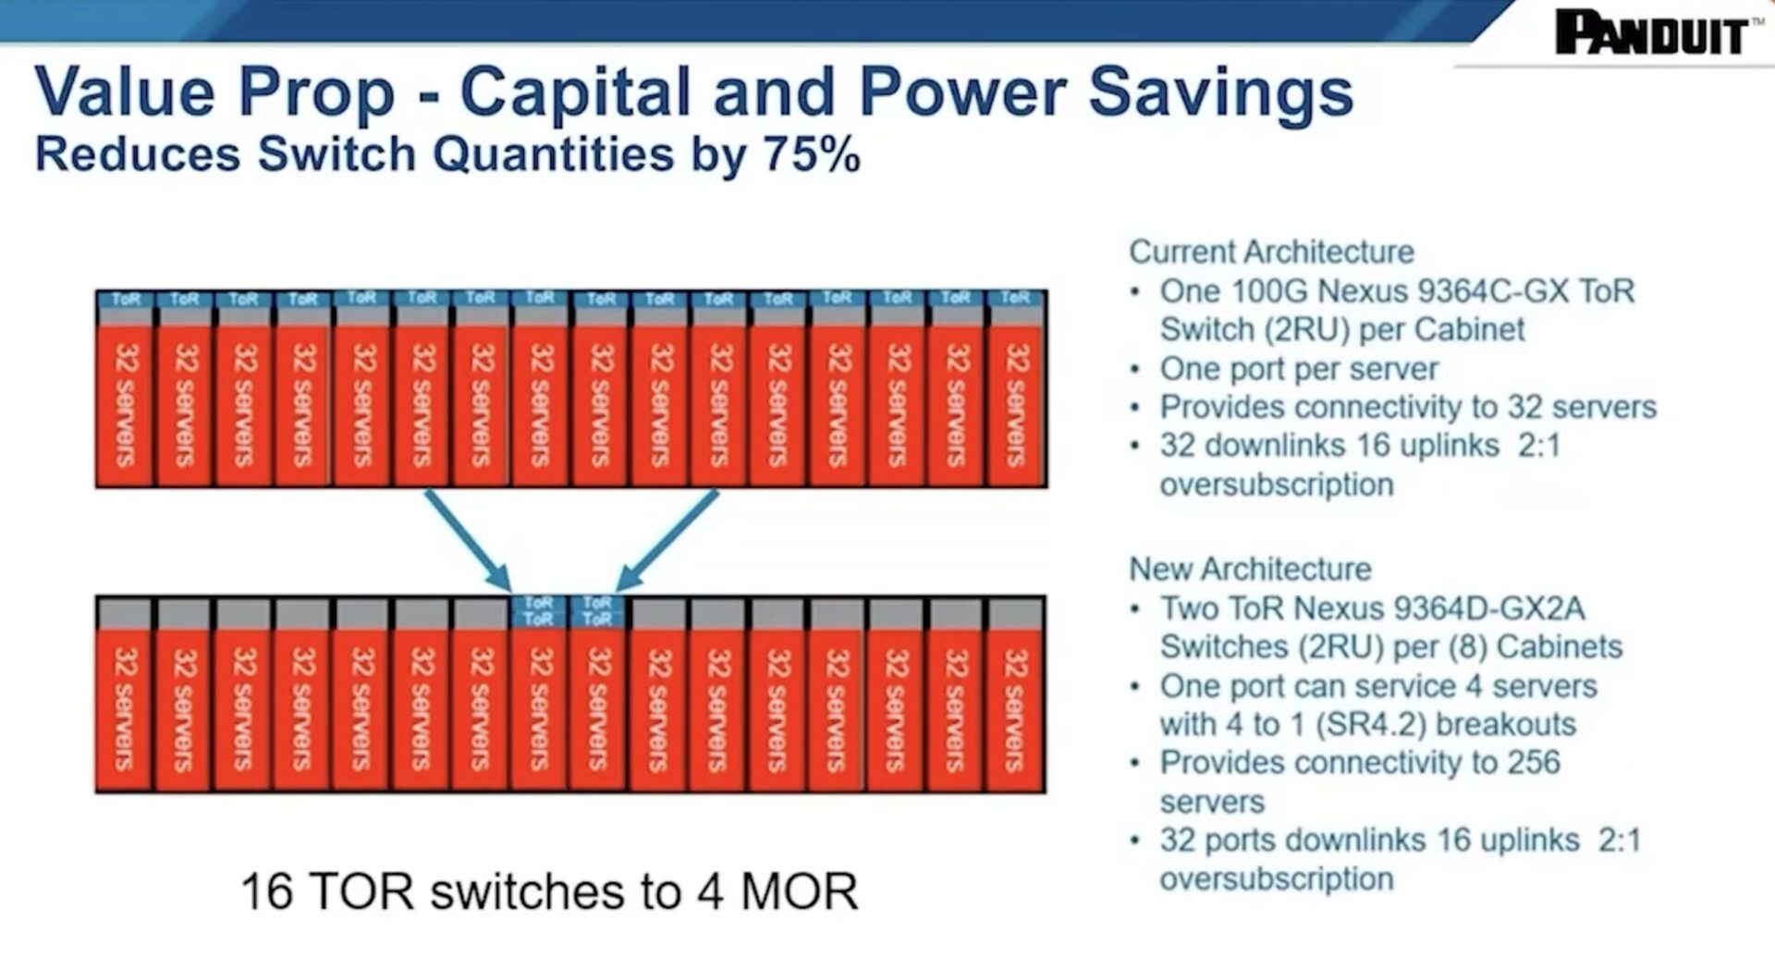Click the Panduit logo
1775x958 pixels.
1653,32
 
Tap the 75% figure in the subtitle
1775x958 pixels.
812,154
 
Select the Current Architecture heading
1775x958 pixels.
1272,252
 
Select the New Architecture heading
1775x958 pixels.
1250,568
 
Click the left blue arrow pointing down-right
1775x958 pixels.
468,540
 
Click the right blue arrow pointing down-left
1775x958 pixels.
667,540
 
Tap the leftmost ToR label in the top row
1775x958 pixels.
126,299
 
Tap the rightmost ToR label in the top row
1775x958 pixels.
1015,298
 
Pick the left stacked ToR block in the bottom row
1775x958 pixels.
538,611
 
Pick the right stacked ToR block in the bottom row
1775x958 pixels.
597,611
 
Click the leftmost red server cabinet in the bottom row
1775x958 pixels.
124,709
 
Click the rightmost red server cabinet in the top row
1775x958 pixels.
1016,405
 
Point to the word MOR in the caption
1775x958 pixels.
800,891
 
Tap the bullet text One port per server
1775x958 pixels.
1299,369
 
